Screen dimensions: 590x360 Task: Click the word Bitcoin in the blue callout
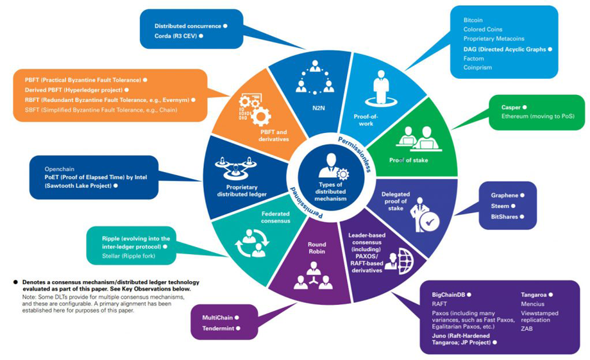click(473, 20)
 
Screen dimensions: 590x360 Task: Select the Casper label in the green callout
click(510, 107)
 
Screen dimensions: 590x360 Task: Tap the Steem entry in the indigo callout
click(500, 206)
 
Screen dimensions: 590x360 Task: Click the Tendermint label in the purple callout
click(218, 329)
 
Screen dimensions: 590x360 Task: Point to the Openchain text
click(60, 169)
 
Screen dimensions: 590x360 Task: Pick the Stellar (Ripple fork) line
click(128, 256)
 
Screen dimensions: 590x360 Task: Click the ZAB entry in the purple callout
click(527, 329)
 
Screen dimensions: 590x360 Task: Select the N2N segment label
click(318, 108)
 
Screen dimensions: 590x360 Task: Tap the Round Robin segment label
click(317, 248)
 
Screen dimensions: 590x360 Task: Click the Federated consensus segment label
click(276, 218)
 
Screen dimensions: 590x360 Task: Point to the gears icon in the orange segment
click(255, 109)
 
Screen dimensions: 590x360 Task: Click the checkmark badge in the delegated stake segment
click(429, 223)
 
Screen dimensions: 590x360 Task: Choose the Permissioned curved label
click(306, 202)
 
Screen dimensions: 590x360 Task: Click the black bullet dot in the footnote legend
click(15, 282)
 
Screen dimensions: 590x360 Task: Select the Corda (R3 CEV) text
click(176, 36)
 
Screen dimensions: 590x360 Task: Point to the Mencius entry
click(532, 304)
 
